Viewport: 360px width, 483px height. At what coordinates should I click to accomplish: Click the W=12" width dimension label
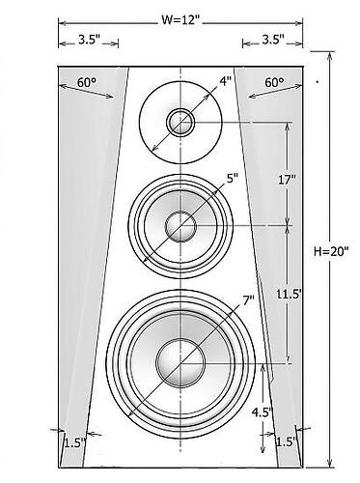click(181, 17)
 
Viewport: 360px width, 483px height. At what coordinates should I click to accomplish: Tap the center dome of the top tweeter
click(180, 122)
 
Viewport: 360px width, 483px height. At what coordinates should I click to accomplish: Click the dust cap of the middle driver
click(180, 226)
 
